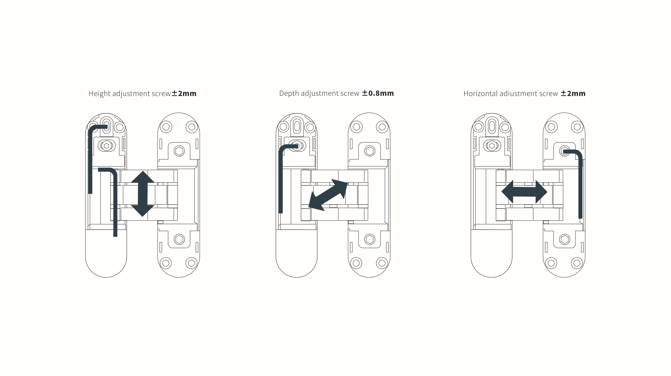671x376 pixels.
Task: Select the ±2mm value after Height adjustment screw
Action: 184,93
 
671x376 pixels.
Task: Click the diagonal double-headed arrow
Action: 328,195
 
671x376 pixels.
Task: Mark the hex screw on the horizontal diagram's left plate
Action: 492,146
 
